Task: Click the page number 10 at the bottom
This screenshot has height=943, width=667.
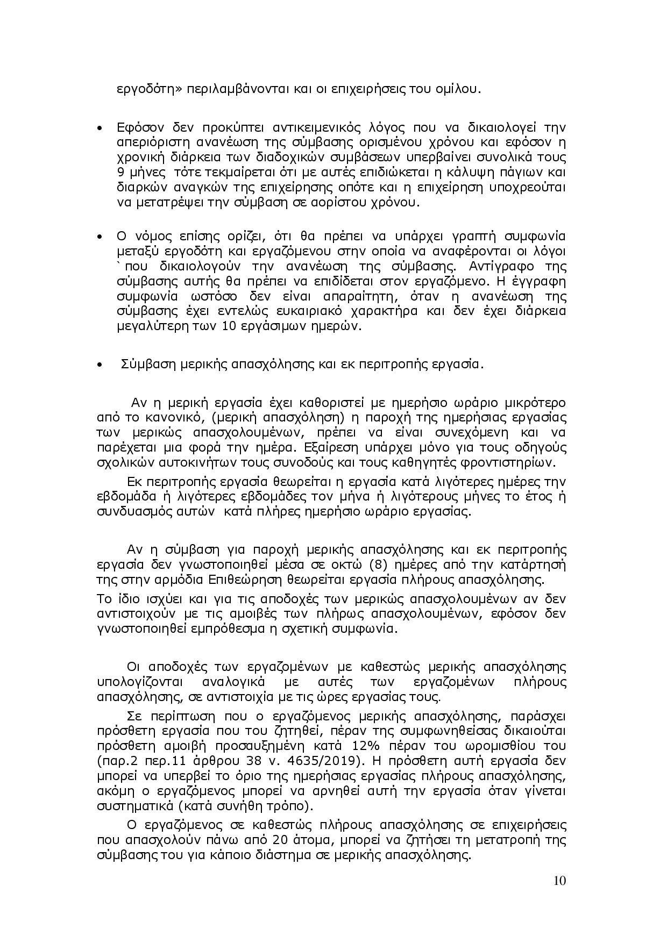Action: pos(559,880)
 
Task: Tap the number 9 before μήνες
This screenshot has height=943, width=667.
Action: pos(120,173)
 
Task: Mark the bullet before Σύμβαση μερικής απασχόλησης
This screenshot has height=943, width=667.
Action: pos(100,365)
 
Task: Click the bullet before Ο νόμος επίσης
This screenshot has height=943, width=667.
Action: pos(100,237)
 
